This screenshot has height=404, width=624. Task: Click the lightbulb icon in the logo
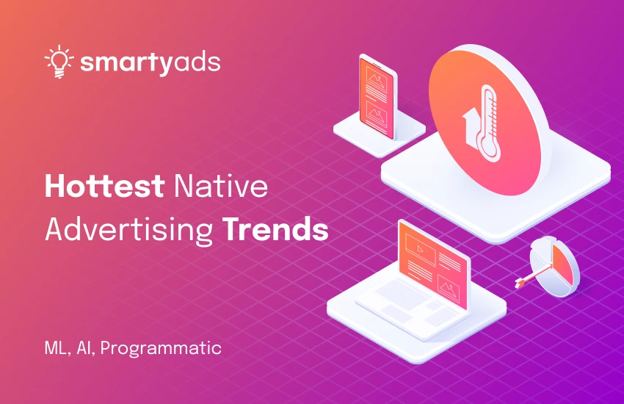[x=57, y=62]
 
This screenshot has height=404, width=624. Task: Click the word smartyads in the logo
[x=150, y=63]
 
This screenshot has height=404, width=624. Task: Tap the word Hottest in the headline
[x=104, y=187]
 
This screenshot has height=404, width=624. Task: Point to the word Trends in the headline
[x=275, y=229]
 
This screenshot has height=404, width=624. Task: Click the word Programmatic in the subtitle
[x=161, y=347]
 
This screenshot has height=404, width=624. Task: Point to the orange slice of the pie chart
[x=563, y=264]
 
